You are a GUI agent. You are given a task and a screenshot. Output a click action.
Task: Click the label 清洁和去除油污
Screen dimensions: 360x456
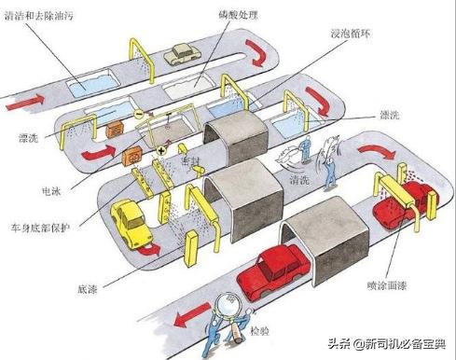38,16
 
